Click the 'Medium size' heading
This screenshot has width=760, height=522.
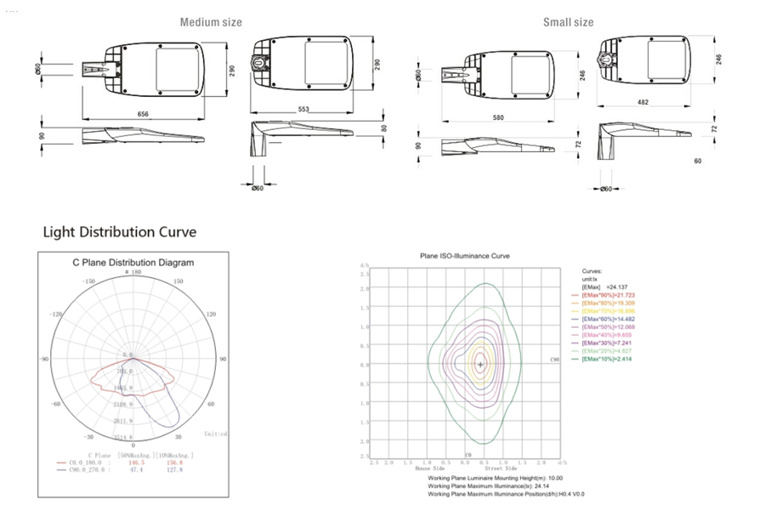(x=210, y=22)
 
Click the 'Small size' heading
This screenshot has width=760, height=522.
(x=568, y=22)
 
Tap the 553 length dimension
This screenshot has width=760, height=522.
(x=304, y=110)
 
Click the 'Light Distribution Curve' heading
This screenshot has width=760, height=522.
(x=119, y=232)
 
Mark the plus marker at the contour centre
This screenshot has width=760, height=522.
(x=481, y=365)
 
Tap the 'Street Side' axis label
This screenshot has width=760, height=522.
(x=500, y=468)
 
